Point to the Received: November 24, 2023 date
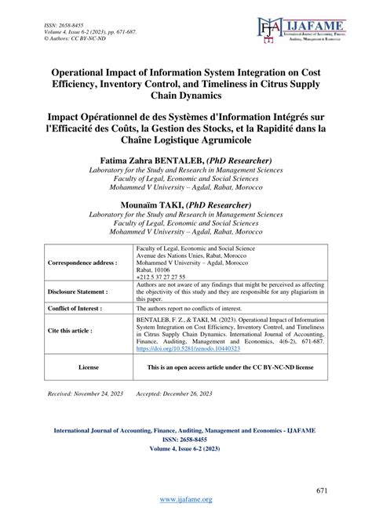tap(86, 411)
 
